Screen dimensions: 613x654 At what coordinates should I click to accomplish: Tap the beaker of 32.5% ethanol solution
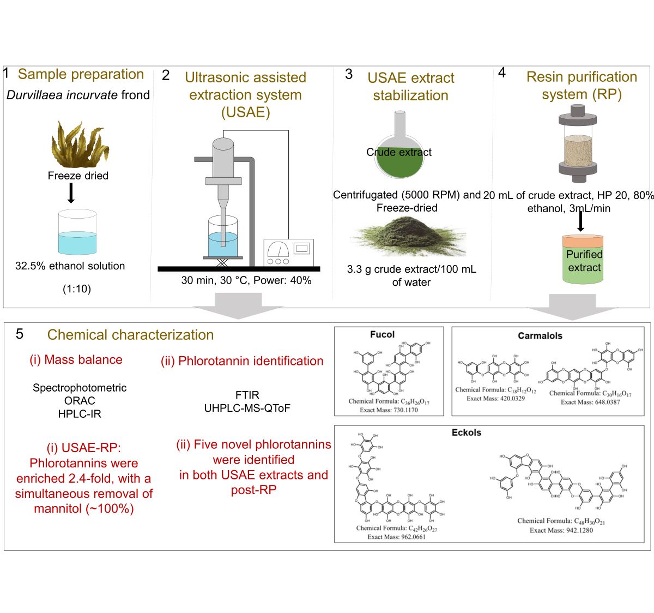click(77, 233)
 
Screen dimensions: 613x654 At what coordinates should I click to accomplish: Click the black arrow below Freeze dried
click(70, 193)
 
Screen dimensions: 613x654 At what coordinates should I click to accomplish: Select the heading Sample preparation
click(81, 74)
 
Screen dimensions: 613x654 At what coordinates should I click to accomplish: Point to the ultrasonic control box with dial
click(288, 252)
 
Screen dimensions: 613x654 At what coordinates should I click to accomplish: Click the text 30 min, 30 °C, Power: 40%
click(246, 280)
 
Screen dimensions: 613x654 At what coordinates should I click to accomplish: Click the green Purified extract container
click(583, 260)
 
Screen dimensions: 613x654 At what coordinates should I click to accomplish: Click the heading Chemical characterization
click(130, 335)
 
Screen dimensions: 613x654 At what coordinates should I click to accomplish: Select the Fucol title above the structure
click(382, 334)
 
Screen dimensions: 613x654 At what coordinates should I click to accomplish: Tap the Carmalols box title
click(540, 335)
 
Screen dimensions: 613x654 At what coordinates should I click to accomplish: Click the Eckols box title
click(466, 432)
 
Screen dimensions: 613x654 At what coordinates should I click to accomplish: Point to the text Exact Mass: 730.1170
click(389, 410)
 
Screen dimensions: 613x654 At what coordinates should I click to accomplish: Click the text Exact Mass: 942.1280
click(561, 530)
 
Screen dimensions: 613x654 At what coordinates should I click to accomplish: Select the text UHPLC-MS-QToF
click(247, 408)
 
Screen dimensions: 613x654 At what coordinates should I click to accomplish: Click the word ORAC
click(80, 401)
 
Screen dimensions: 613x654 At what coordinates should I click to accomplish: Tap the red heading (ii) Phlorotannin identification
click(242, 361)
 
